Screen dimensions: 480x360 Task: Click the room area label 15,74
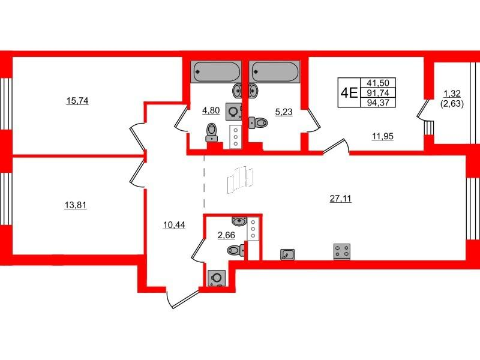(77, 101)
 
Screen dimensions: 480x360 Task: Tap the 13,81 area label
(76, 205)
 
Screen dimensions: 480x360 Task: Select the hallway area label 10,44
(174, 225)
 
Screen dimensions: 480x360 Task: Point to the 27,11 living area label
(340, 199)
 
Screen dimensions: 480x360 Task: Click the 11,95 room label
(382, 136)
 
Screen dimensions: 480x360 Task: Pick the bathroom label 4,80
(211, 110)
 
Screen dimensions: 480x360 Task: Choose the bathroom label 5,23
(284, 112)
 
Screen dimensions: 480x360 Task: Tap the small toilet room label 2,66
(226, 235)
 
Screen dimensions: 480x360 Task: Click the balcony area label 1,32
(452, 93)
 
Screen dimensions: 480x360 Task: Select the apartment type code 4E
(349, 92)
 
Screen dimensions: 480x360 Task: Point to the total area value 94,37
(379, 103)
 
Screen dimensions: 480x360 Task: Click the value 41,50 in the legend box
(379, 83)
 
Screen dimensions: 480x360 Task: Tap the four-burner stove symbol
(342, 251)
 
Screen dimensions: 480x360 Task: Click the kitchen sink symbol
(287, 254)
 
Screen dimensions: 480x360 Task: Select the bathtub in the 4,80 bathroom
(216, 71)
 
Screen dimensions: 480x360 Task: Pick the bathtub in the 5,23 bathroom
(275, 71)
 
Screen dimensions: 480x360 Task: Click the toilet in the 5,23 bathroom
(258, 123)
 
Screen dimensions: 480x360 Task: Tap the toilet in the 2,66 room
(236, 251)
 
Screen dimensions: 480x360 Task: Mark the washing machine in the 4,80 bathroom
(234, 112)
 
